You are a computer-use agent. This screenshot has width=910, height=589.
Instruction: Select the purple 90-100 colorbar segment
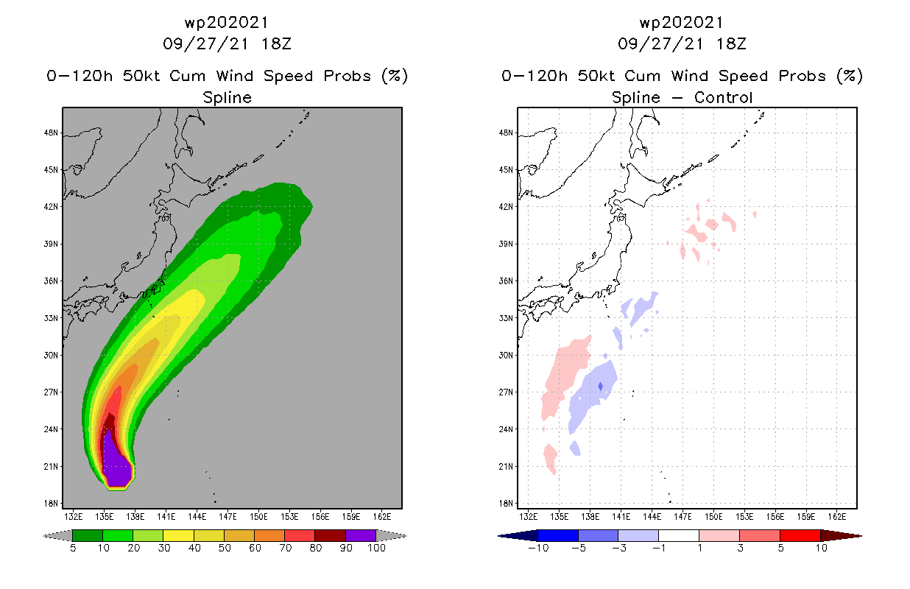[360, 535]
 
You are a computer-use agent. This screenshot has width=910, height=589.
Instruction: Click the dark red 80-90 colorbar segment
[330, 535]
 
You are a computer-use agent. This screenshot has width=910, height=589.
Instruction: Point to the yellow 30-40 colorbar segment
[178, 535]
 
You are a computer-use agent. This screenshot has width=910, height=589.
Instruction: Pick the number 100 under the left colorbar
[375, 549]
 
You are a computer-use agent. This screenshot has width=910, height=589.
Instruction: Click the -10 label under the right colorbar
[538, 549]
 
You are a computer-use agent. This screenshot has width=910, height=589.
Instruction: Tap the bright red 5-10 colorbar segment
[800, 535]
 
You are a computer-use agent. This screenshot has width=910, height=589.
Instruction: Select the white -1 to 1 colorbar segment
[679, 535]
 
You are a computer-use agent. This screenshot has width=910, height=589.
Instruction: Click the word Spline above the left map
[227, 97]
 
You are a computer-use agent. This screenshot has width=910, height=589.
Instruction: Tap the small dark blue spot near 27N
[601, 386]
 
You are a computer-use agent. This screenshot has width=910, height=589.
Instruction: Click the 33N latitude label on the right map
[507, 318]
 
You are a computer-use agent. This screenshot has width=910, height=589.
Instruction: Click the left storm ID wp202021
[227, 23]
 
